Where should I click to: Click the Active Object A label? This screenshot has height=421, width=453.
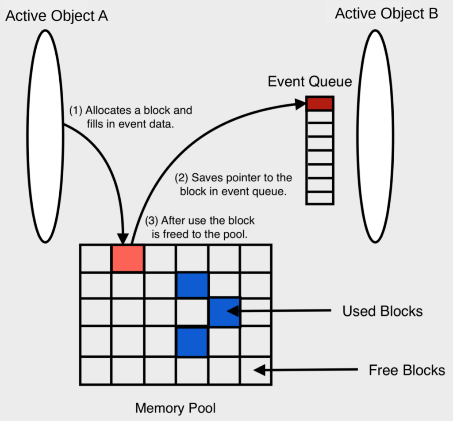point(57,16)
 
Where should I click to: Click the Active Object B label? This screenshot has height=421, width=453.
point(386,13)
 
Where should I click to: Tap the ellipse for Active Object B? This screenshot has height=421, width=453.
point(375,136)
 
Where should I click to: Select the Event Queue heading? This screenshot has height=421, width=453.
point(310,81)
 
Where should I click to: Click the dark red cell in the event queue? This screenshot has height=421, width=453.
point(319,103)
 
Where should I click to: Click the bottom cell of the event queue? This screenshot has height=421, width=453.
point(319,198)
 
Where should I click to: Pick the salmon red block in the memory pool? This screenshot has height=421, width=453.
point(127,258)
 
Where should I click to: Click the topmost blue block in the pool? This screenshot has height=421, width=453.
point(192,285)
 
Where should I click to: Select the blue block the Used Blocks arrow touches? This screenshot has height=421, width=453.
point(224,312)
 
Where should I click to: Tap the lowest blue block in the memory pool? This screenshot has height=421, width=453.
point(192,342)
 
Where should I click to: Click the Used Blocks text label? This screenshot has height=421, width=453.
point(382,311)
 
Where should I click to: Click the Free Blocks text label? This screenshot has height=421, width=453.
point(407,370)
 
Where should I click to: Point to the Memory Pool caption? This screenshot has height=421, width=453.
point(176,407)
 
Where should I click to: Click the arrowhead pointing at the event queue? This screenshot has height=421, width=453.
point(301,104)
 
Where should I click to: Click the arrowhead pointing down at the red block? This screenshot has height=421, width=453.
point(123,239)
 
